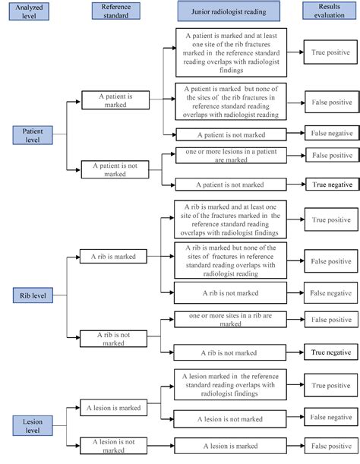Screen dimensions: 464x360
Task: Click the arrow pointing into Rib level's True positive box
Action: coord(296,219)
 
